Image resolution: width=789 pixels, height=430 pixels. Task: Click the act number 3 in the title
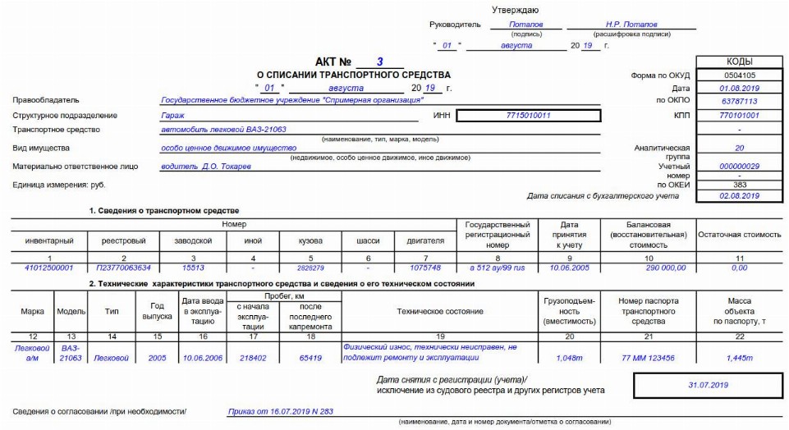pyautogui.click(x=379, y=62)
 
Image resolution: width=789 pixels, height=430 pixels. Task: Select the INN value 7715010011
pyautogui.click(x=529, y=116)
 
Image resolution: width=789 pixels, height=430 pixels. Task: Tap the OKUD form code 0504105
pyautogui.click(x=740, y=75)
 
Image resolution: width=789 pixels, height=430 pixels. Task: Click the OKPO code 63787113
pyautogui.click(x=740, y=102)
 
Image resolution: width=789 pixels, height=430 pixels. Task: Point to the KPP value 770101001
pyautogui.click(x=740, y=116)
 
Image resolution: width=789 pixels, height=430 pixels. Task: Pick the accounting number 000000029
pyautogui.click(x=740, y=167)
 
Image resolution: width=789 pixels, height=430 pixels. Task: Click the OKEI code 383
pyautogui.click(x=740, y=185)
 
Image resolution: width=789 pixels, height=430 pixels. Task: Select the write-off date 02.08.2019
pyautogui.click(x=740, y=197)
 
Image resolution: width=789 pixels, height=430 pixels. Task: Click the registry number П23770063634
pyautogui.click(x=123, y=268)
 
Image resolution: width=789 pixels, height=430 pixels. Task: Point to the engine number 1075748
pyautogui.click(x=425, y=268)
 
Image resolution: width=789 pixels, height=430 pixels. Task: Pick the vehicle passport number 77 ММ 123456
pyautogui.click(x=648, y=358)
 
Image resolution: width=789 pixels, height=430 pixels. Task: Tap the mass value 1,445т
pyautogui.click(x=740, y=358)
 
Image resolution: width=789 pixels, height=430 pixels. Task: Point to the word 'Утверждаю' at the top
pyautogui.click(x=516, y=10)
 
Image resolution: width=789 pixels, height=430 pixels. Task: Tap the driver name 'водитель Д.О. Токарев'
pyautogui.click(x=206, y=167)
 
